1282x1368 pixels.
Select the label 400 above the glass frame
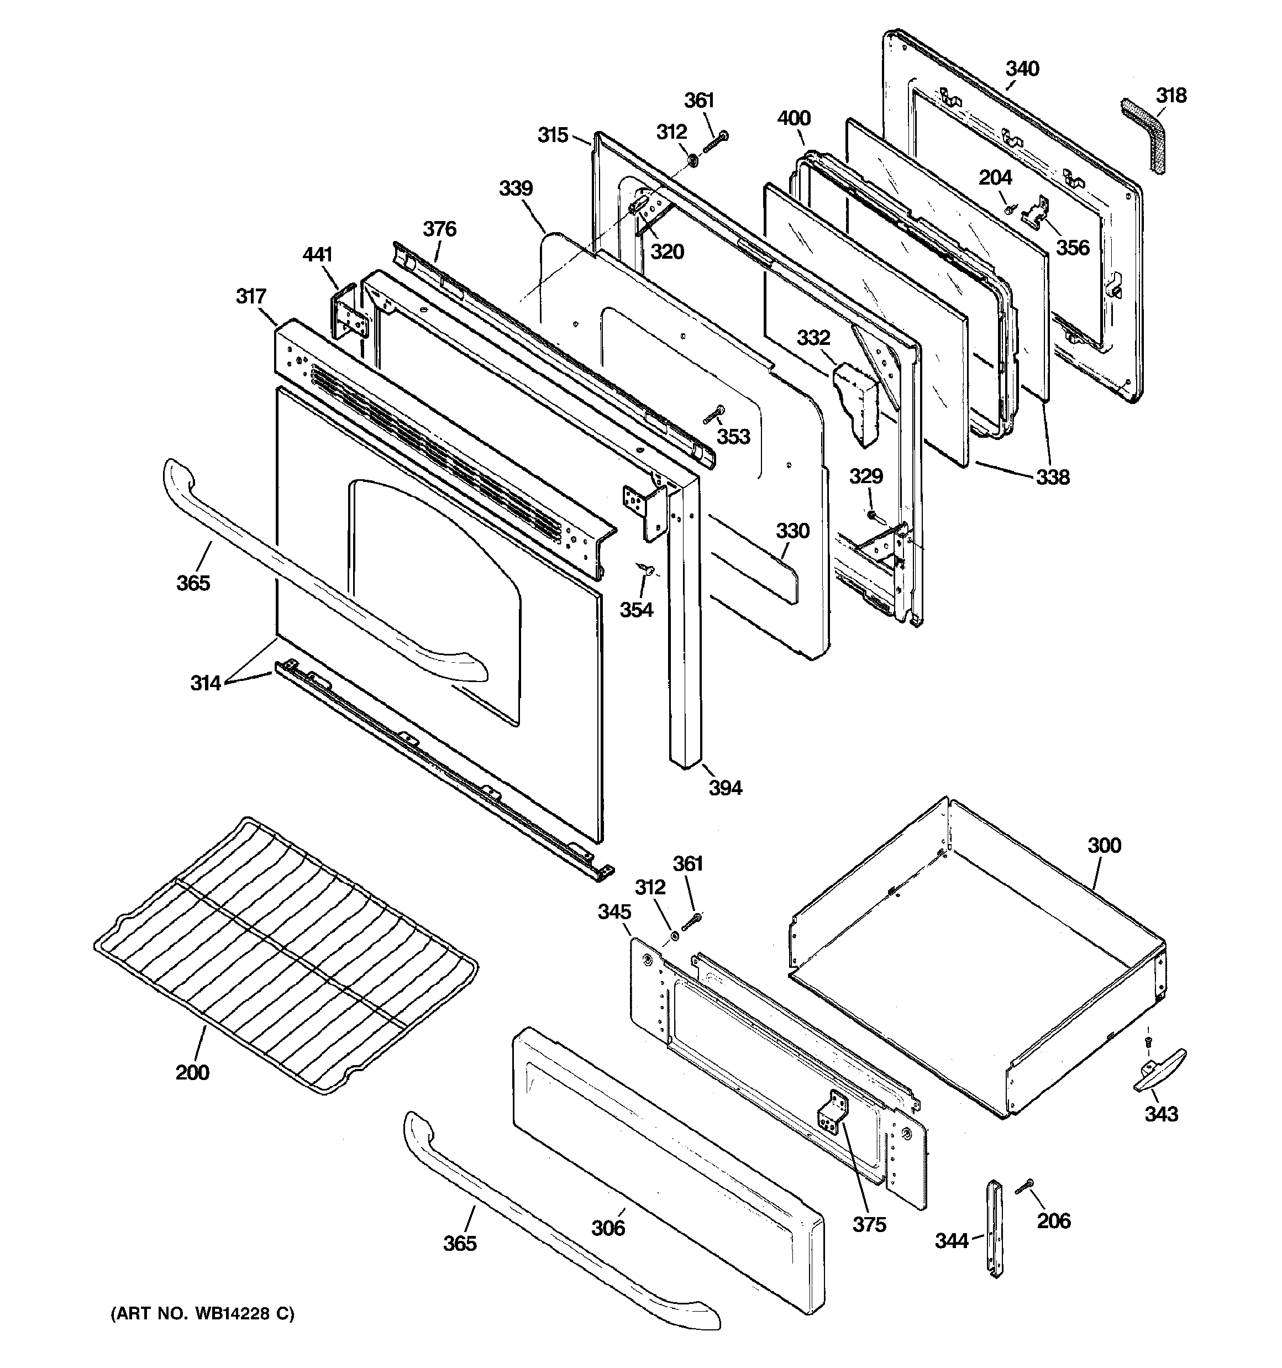(x=794, y=118)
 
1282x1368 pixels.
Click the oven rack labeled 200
(x=286, y=957)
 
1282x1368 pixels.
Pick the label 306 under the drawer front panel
(x=608, y=1228)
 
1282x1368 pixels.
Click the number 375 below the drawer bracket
(x=869, y=1224)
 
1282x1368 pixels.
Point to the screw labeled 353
(x=713, y=415)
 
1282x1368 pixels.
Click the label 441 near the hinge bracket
(x=317, y=255)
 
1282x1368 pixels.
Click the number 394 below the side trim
(x=726, y=788)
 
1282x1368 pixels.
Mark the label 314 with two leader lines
(x=205, y=683)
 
